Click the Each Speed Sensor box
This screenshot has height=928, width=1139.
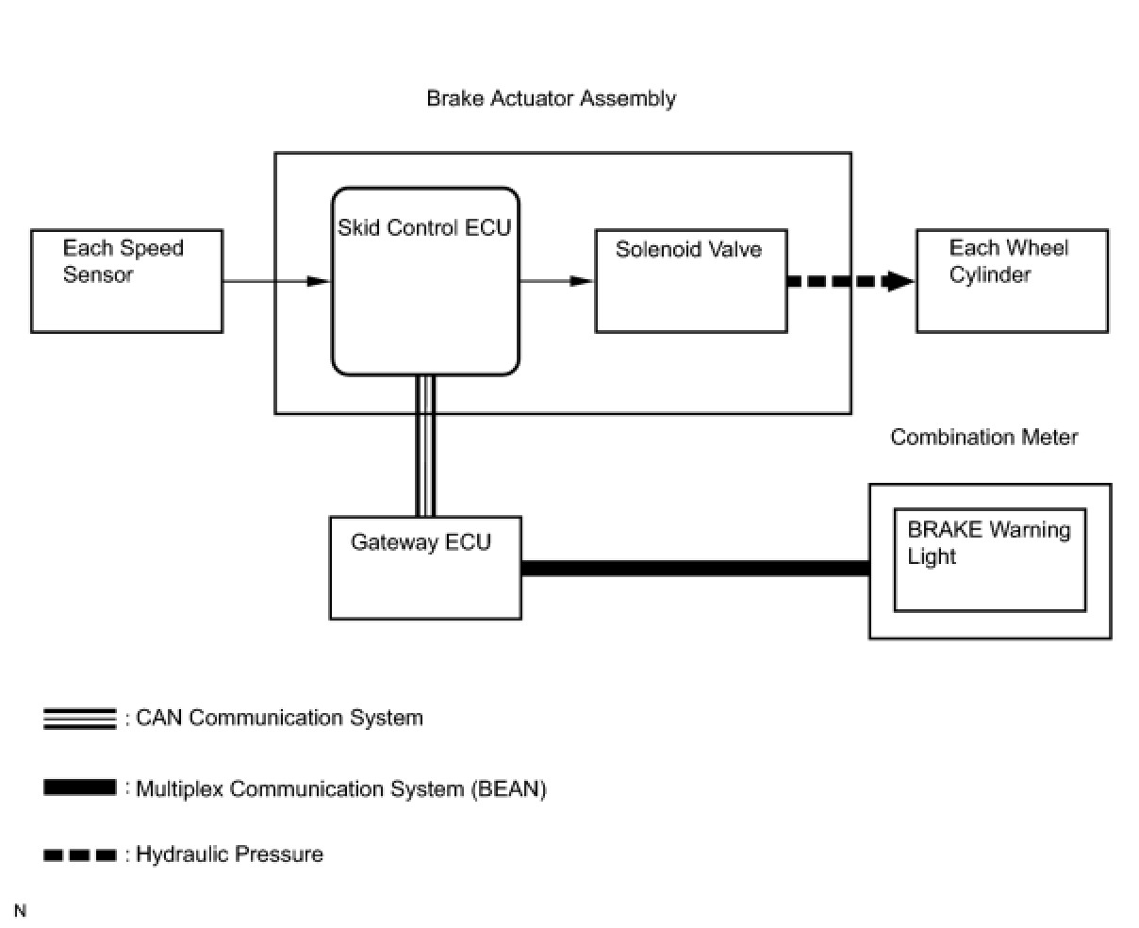click(x=126, y=281)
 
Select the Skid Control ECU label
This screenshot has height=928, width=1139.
click(x=424, y=228)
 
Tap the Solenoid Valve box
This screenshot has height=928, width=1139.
click(x=691, y=281)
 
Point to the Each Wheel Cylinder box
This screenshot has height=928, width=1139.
click(x=1013, y=281)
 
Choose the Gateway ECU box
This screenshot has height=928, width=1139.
click(x=425, y=568)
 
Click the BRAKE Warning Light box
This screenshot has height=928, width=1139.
click(x=990, y=559)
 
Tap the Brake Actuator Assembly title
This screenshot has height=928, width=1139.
click(x=551, y=99)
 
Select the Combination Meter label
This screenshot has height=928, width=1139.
click(x=983, y=437)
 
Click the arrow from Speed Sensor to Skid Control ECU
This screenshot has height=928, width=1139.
click(x=276, y=281)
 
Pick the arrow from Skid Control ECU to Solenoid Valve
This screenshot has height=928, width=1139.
click(x=556, y=281)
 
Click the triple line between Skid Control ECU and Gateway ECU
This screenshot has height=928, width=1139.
click(x=425, y=446)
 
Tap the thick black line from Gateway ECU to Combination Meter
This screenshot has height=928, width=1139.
click(x=695, y=568)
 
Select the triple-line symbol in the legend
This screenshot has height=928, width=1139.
click(x=80, y=719)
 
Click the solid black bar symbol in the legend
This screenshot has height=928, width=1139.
click(x=80, y=787)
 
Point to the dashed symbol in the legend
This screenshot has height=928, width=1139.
click(x=80, y=854)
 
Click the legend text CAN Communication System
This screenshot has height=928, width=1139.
click(x=279, y=718)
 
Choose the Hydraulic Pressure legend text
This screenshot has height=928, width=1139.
click(x=229, y=854)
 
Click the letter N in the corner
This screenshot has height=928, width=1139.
click(x=20, y=910)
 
